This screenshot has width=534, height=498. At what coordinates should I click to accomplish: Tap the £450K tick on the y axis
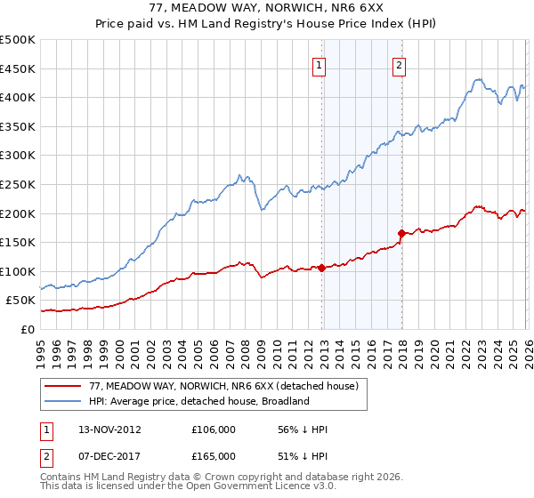18,68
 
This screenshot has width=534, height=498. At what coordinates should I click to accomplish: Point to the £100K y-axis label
18,271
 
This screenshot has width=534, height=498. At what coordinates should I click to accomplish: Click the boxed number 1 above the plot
319,64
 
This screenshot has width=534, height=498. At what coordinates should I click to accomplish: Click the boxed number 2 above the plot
399,64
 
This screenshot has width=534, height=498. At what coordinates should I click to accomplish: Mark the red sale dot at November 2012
321,268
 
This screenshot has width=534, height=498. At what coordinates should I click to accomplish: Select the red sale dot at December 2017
401,234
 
